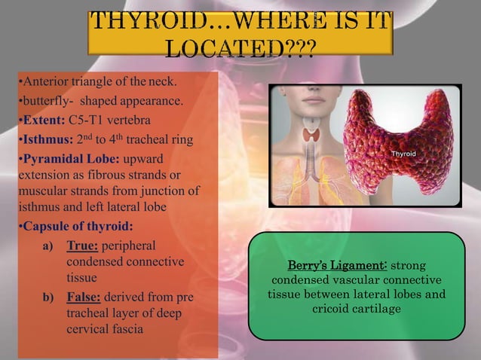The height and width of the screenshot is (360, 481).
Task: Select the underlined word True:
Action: click(x=82, y=246)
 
